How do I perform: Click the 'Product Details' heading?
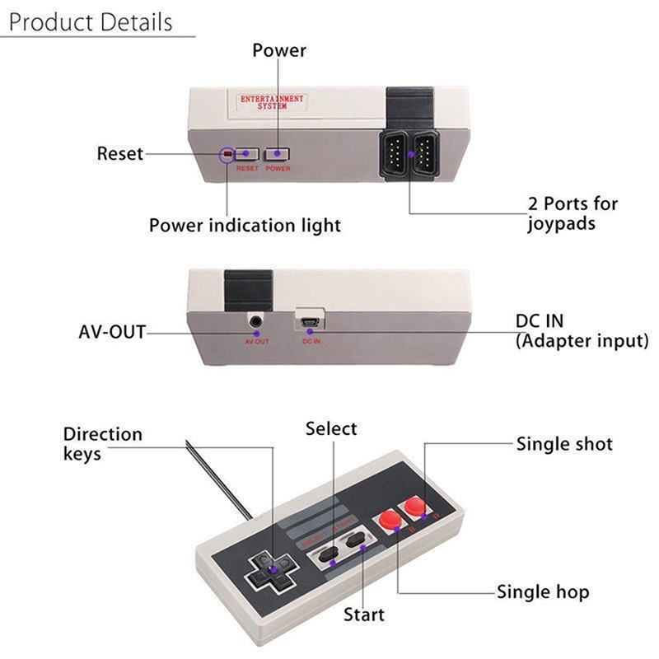click(91, 21)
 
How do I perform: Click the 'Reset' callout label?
click(120, 153)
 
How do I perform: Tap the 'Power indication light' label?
click(245, 225)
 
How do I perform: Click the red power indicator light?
click(227, 154)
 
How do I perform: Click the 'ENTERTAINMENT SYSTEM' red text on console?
click(272, 102)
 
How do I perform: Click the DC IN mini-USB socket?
click(311, 318)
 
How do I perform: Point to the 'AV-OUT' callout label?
click(112, 332)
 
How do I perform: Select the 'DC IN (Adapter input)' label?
click(582, 330)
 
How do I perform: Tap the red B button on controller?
click(386, 520)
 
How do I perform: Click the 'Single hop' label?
click(543, 592)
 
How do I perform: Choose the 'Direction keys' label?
click(103, 443)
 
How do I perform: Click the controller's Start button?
click(357, 540)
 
